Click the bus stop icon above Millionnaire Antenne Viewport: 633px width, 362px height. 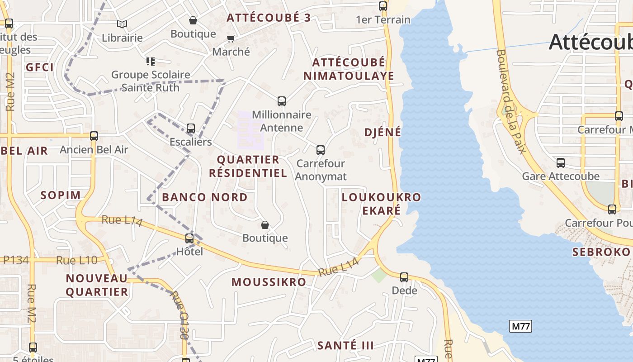(x=282, y=101)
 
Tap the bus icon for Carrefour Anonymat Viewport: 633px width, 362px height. (x=321, y=150)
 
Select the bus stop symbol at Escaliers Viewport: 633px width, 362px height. (x=191, y=129)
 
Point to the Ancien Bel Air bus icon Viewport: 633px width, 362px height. (x=94, y=136)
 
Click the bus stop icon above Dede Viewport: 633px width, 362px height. (x=404, y=277)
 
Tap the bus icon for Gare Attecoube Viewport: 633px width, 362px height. (x=561, y=163)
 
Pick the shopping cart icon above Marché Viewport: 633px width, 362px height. (x=231, y=39)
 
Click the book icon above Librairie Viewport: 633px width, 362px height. (x=122, y=24)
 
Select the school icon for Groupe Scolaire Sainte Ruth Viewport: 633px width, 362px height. (x=151, y=61)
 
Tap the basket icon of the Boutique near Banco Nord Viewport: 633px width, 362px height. (x=265, y=225)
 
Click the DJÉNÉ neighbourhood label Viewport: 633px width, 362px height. (x=383, y=132)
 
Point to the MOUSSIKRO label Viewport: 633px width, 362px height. (x=269, y=282)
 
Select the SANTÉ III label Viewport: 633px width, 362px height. (x=345, y=346)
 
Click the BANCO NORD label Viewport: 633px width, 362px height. (x=205, y=197)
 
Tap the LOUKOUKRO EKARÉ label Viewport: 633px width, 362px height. (x=381, y=204)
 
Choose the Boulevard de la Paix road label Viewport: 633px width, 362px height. (x=510, y=101)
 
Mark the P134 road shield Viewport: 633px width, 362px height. (x=16, y=260)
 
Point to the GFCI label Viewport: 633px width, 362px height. (x=40, y=67)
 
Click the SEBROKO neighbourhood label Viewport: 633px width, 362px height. (x=601, y=252)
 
